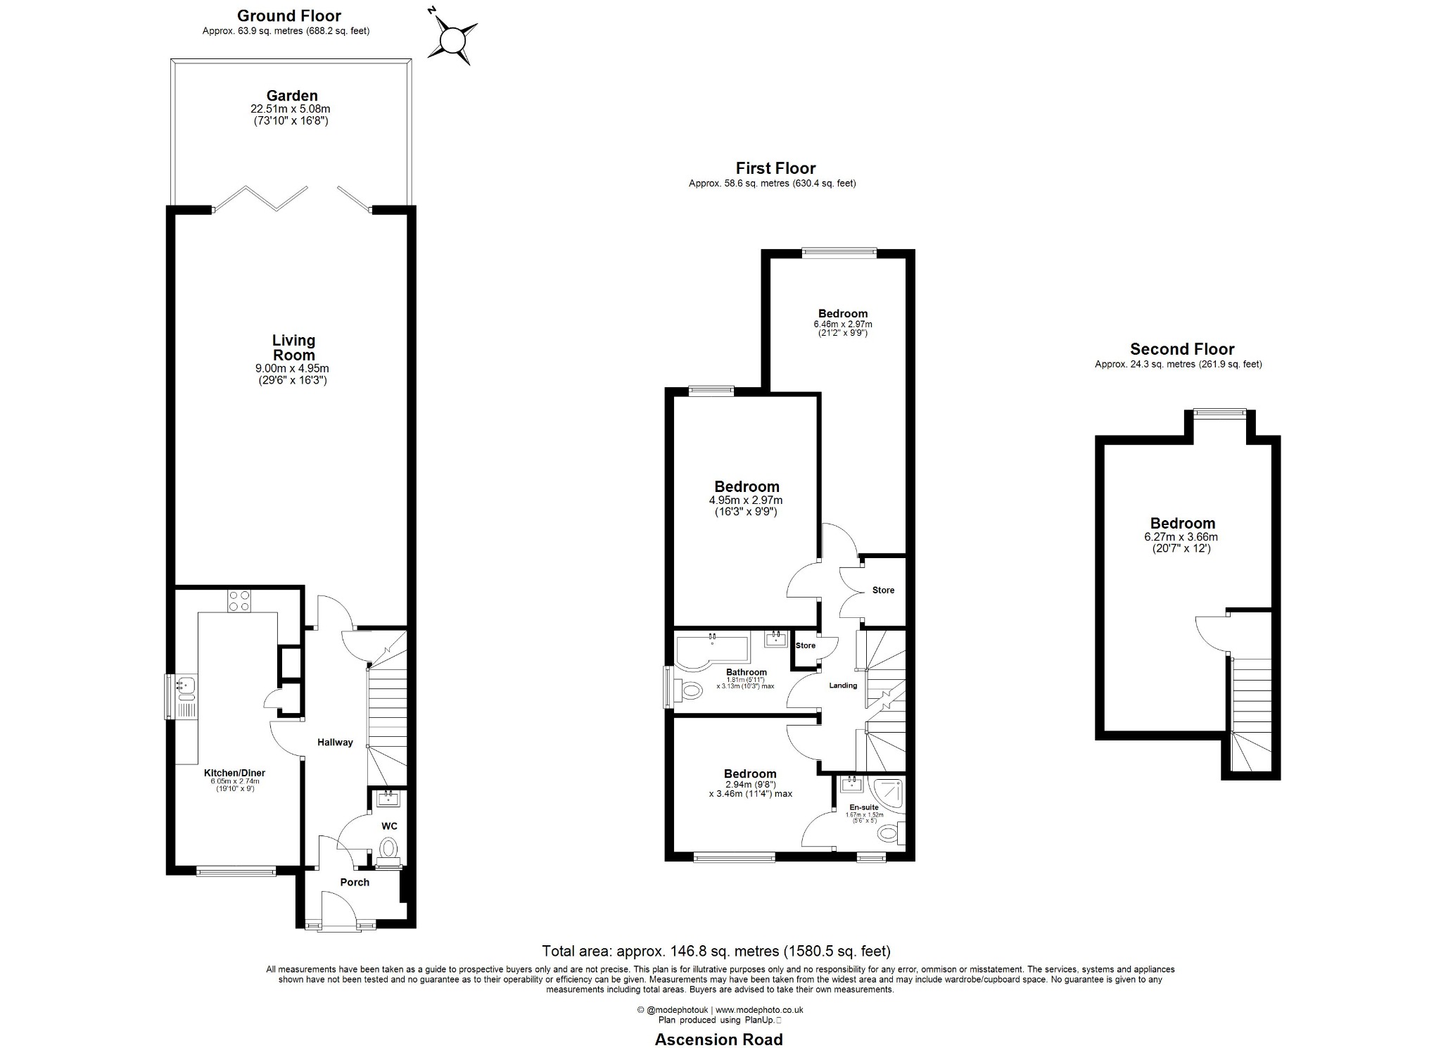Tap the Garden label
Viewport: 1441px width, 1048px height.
click(292, 95)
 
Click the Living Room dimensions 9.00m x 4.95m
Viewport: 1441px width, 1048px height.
click(292, 368)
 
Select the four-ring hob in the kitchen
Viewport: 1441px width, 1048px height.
click(239, 600)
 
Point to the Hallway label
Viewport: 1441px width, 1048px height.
click(335, 742)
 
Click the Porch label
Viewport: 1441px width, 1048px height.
click(355, 882)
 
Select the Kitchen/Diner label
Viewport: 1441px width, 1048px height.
click(235, 773)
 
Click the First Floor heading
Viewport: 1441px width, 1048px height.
click(775, 168)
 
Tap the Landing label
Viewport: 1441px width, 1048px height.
click(843, 685)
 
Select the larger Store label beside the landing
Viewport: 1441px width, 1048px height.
click(883, 590)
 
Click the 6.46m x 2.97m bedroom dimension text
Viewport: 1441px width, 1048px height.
click(843, 324)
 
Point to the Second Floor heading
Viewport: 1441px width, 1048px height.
click(1182, 349)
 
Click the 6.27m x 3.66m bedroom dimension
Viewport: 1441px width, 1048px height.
click(1181, 536)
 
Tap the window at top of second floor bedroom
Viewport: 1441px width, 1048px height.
click(1219, 413)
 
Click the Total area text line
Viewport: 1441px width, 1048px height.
click(716, 951)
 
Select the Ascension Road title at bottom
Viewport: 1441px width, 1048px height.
click(718, 1039)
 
